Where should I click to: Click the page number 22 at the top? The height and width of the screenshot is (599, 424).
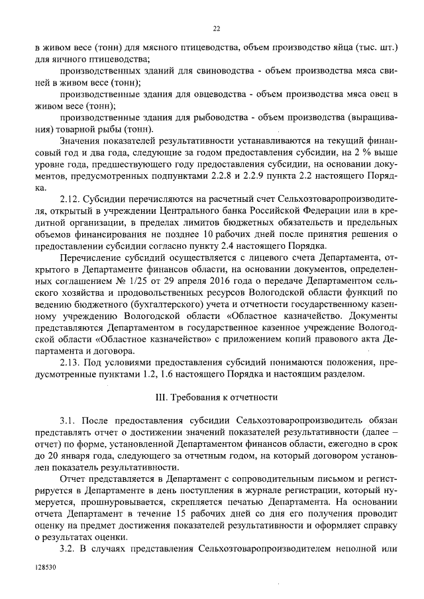[x=216, y=28]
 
